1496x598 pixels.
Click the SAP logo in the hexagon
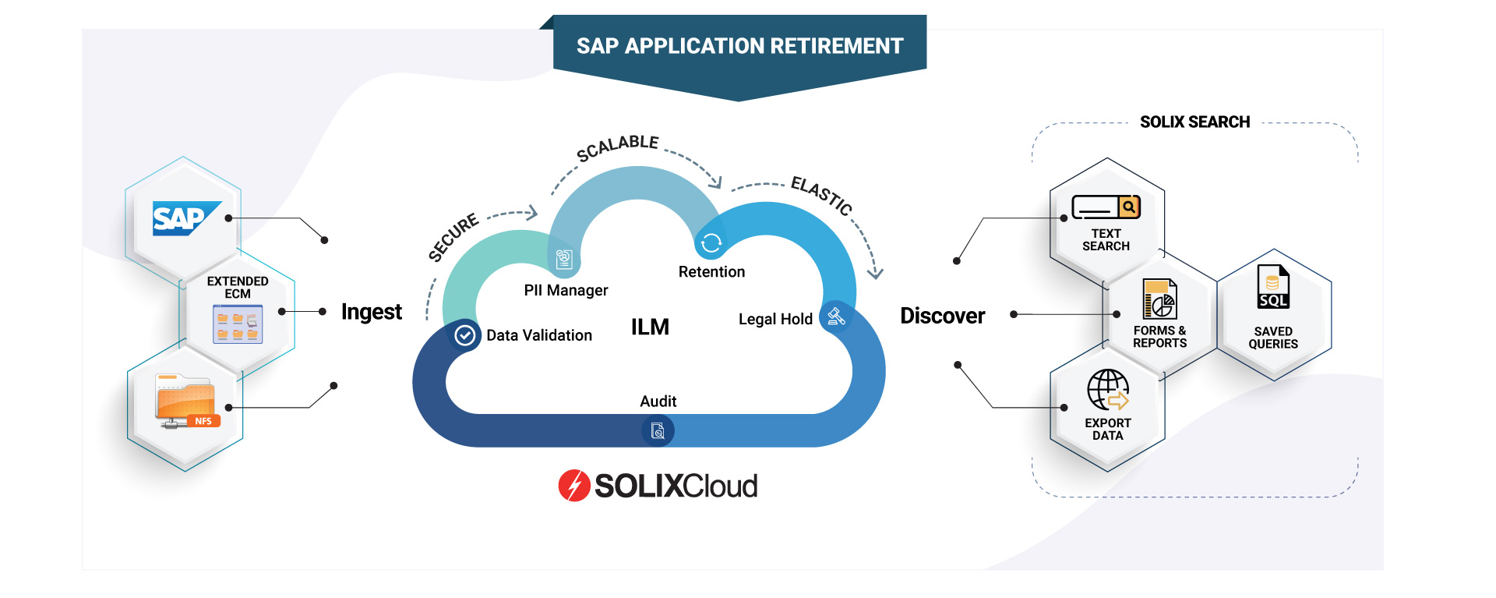click(185, 218)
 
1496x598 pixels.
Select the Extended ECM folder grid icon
click(238, 324)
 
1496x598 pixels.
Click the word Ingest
click(371, 312)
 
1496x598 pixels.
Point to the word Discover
click(942, 316)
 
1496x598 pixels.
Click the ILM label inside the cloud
click(650, 327)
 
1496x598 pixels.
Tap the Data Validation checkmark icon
click(465, 335)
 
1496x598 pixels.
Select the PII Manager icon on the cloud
click(564, 259)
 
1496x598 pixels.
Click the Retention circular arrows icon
click(711, 243)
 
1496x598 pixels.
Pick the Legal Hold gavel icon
click(836, 316)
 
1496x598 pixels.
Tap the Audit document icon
click(658, 430)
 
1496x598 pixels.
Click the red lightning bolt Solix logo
click(574, 486)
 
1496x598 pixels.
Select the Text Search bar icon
click(1106, 207)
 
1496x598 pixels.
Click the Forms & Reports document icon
click(1159, 299)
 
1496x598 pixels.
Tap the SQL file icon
click(1273, 288)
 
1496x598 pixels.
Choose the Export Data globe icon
click(1108, 390)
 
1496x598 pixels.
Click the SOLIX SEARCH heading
click(1194, 122)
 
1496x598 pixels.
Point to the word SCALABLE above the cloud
click(617, 147)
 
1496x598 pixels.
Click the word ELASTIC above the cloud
click(821, 195)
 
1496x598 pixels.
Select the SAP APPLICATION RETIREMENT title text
click(739, 47)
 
